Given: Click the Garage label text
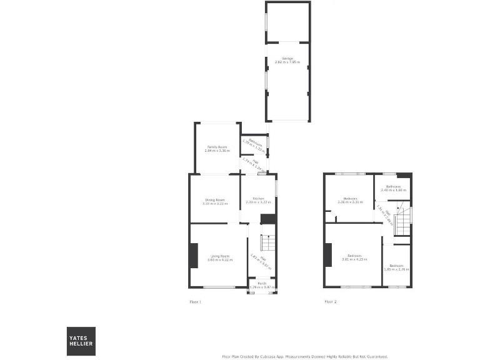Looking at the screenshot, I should (287, 59).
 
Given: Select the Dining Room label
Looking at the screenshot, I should (214, 200).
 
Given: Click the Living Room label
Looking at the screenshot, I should (220, 256).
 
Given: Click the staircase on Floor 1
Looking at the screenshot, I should (267, 243).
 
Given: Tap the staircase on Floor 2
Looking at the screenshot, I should (404, 222).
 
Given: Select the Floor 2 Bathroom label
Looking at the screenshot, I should (393, 186).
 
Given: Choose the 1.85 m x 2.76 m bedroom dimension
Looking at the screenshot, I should (396, 269).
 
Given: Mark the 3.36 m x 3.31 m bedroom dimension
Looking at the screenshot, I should (350, 202).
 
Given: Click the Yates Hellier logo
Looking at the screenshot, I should (82, 341).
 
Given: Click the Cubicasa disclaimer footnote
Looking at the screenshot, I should (305, 356).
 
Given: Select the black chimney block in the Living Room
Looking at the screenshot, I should (194, 256).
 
